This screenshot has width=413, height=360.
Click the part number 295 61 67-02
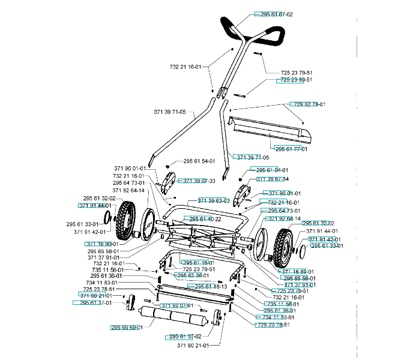[276, 14]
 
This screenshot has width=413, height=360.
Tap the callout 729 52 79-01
[309, 104]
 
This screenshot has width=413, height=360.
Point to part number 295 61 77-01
[291, 149]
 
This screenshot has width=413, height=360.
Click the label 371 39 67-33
[199, 181]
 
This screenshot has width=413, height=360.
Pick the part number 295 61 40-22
[205, 220]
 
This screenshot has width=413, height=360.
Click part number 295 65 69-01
[127, 327]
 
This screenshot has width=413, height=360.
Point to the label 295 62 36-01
[191, 275]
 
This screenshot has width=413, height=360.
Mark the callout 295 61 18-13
[211, 287]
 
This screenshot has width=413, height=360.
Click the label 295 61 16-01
[198, 263]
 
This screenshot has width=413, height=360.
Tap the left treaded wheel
[127, 215]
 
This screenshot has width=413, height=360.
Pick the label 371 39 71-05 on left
[170, 112]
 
